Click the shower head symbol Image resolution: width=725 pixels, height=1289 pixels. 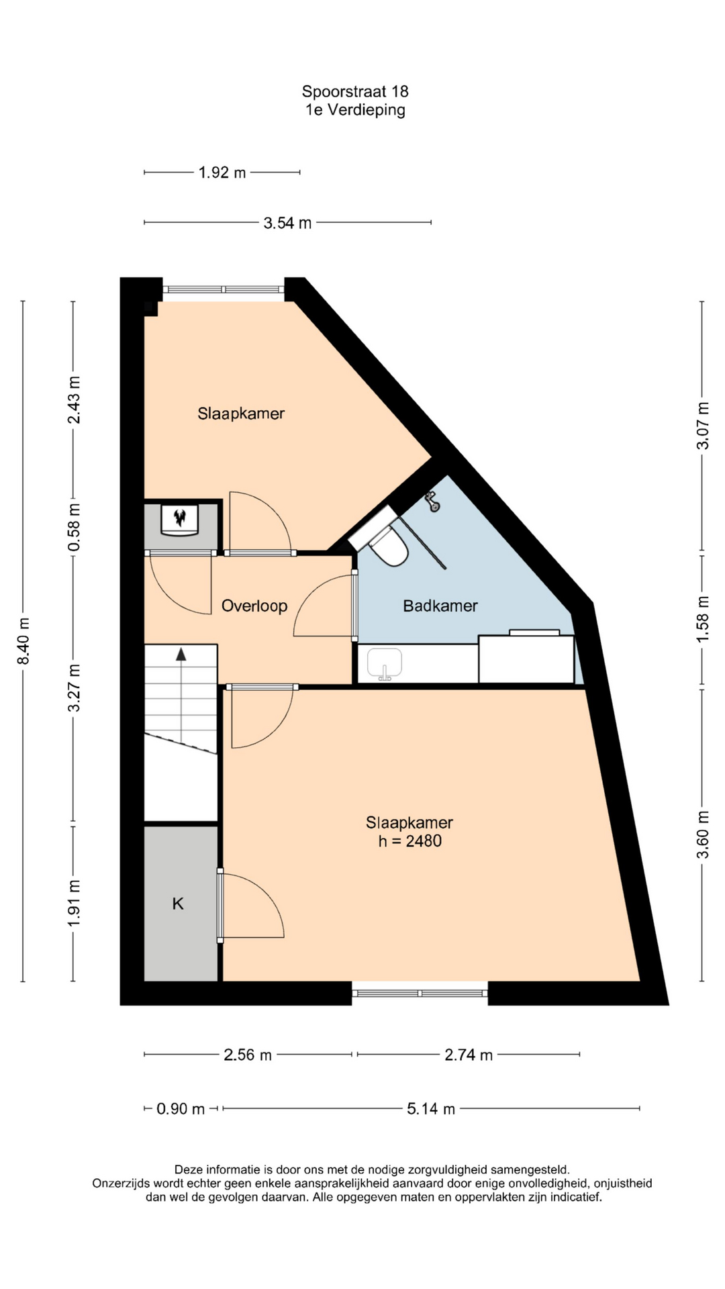432,501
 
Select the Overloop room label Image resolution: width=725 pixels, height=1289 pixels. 254,606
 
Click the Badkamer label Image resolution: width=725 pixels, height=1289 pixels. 440,606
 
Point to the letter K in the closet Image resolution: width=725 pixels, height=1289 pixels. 178,904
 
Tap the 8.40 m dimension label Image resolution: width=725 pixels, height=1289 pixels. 23,641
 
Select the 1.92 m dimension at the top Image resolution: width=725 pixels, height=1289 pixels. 222,173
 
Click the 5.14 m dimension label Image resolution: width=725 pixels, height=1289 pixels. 431,1108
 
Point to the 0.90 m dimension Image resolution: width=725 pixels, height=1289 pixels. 181,1108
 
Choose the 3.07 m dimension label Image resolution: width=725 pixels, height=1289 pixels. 702,426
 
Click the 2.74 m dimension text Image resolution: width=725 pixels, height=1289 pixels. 469,1055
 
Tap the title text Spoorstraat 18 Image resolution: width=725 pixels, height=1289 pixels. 355,91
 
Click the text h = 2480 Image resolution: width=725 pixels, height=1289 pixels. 409,841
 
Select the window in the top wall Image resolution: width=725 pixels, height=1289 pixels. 224,289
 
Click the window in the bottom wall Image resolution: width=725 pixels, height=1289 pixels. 420,993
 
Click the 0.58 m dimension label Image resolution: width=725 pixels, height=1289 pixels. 74,527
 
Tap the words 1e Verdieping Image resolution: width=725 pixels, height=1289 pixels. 355,110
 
